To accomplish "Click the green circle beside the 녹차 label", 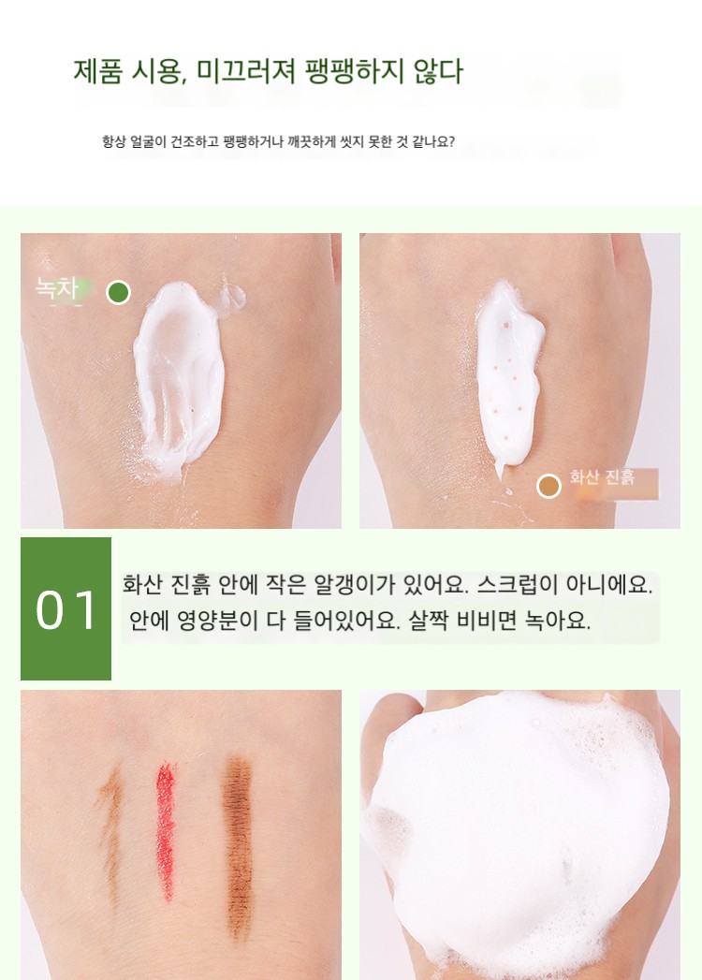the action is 118,292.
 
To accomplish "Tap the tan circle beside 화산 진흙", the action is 548,486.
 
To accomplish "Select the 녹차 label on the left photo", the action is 57,288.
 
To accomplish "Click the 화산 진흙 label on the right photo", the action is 602,477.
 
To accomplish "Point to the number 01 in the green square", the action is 66,610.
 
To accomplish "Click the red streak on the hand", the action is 165,830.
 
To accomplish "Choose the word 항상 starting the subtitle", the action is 113,142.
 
